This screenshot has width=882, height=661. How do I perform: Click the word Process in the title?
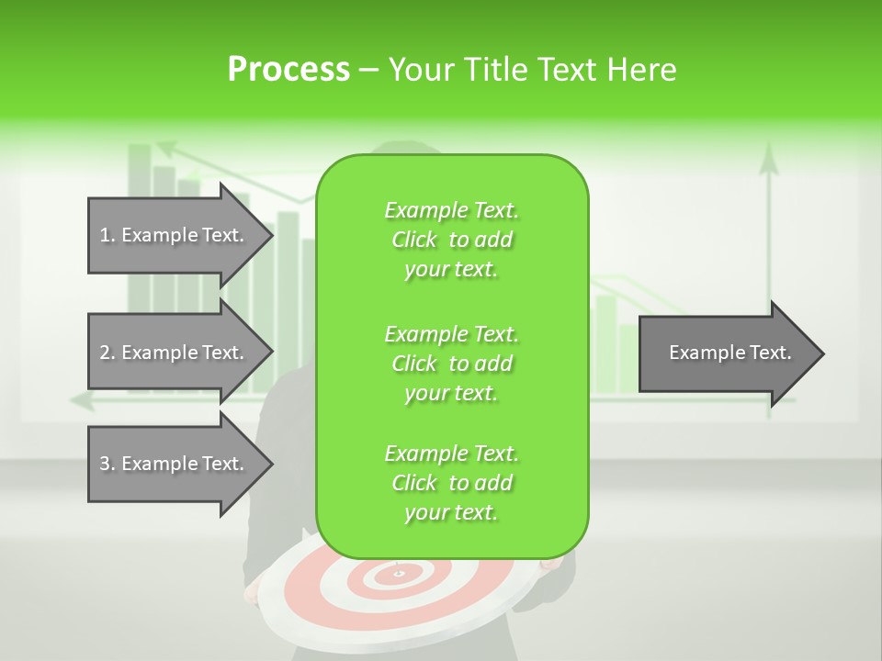288,70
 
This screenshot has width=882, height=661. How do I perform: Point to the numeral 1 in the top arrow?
105,235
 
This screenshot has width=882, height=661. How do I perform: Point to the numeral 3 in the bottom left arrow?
105,464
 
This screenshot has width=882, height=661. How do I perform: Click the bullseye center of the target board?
400,574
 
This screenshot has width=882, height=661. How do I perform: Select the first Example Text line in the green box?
451,210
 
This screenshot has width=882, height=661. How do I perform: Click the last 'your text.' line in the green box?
451,512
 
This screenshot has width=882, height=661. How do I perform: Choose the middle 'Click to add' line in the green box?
451,364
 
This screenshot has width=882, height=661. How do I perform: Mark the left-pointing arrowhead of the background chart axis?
77,400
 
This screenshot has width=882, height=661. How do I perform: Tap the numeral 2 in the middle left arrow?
105,353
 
